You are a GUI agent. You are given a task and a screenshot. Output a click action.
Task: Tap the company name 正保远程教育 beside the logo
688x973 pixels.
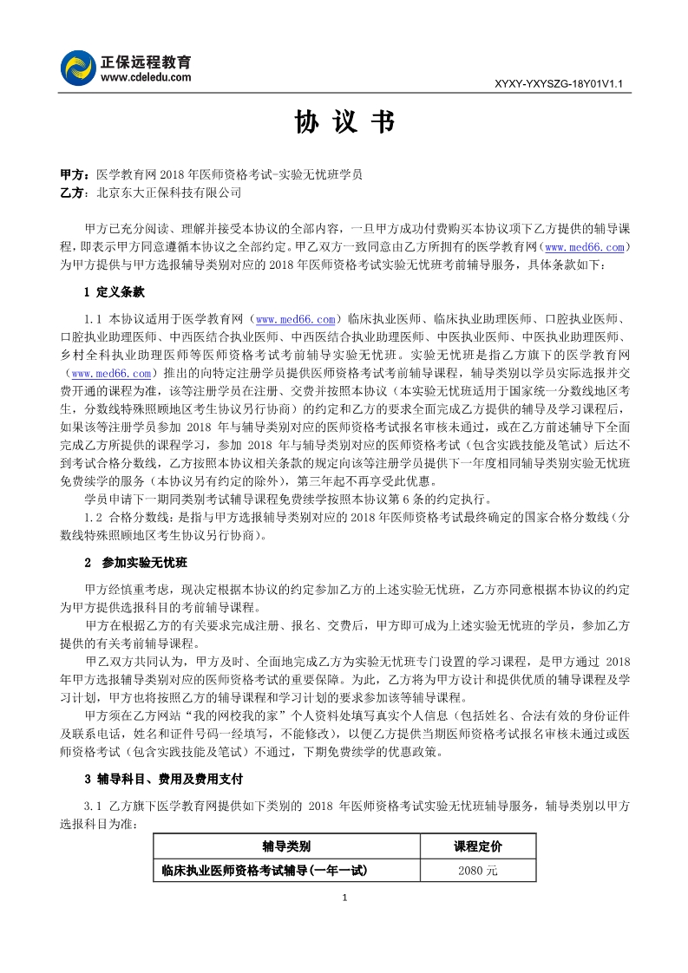(x=147, y=62)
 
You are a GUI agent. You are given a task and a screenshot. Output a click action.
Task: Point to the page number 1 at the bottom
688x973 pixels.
(x=345, y=897)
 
